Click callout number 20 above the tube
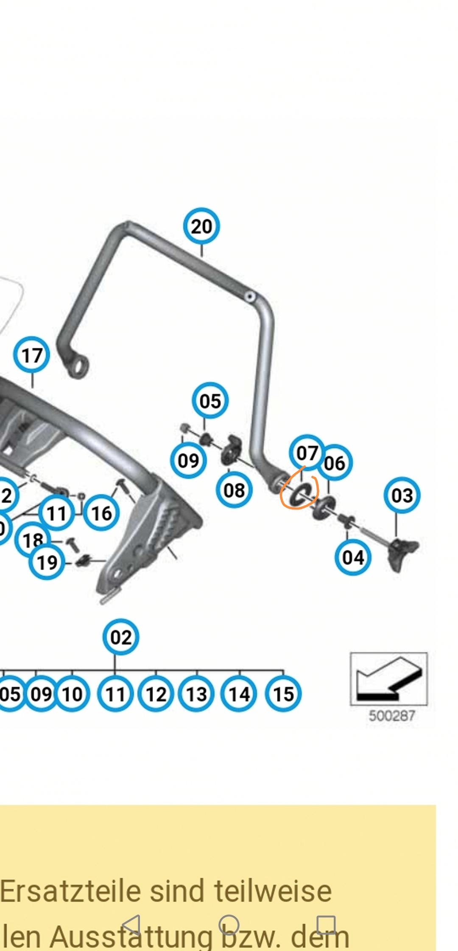pos(201,226)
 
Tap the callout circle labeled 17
pos(32,355)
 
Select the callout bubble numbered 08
pos(234,490)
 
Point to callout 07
pos(307,453)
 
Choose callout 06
pos(335,463)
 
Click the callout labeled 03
pos(402,495)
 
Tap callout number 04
pos(353,557)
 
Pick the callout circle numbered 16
pos(101,513)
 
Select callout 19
pos(47,563)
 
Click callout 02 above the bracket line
pos(121,637)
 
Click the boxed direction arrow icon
pos(388,679)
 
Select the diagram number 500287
pos(391,716)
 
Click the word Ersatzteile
pos(70,891)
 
